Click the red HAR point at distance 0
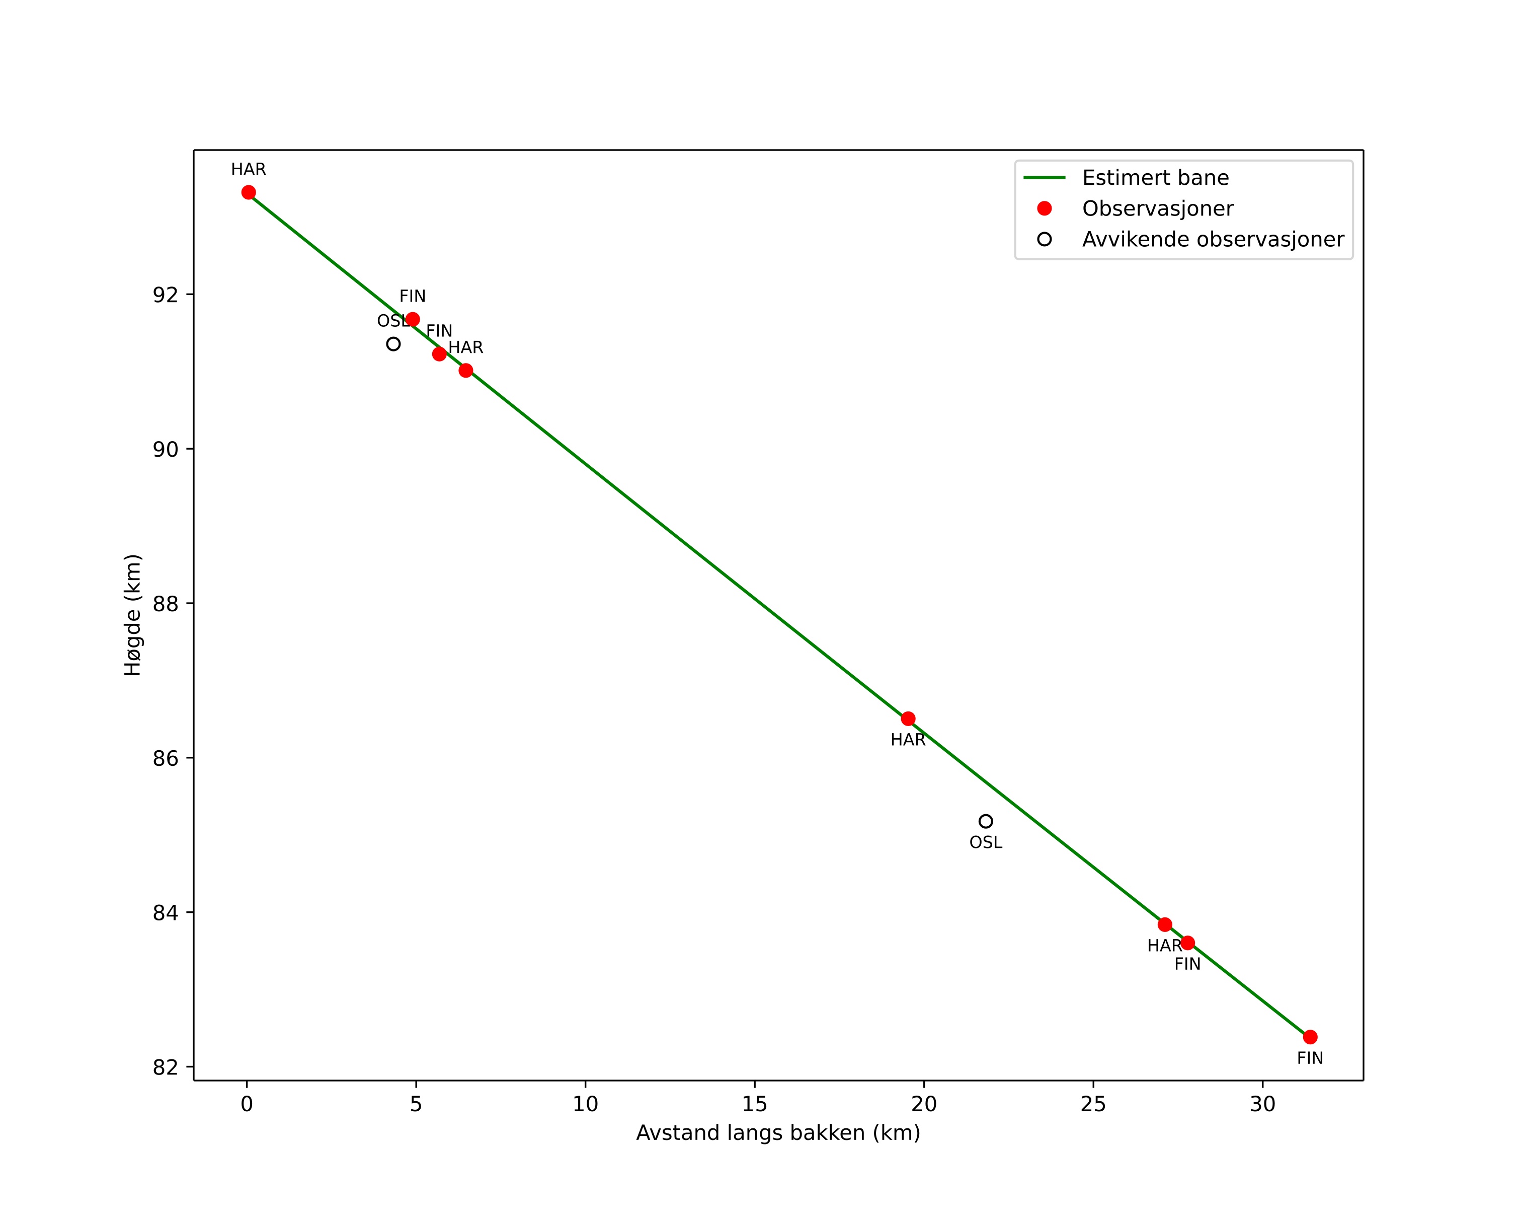pyautogui.click(x=249, y=192)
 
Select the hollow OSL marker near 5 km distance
pyautogui.click(x=393, y=344)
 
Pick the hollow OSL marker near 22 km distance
pyautogui.click(x=986, y=821)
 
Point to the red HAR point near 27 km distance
pyautogui.click(x=1165, y=924)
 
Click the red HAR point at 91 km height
pyautogui.click(x=466, y=370)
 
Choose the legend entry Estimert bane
pyautogui.click(x=1155, y=178)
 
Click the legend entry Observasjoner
pyautogui.click(x=1158, y=208)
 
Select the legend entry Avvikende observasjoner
pyautogui.click(x=1213, y=240)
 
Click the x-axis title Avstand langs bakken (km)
pyautogui.click(x=778, y=1133)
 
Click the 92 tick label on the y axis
pyautogui.click(x=165, y=295)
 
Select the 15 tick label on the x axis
pyautogui.click(x=755, y=1104)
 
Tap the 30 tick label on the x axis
pyautogui.click(x=1262, y=1104)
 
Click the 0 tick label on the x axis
pyautogui.click(x=247, y=1104)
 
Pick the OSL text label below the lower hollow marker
pyautogui.click(x=986, y=843)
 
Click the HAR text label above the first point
pyautogui.click(x=249, y=170)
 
